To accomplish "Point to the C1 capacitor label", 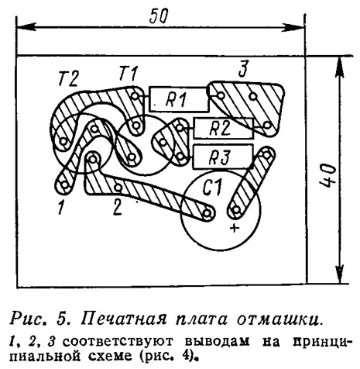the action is tap(212, 188).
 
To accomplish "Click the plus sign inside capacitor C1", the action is tap(235, 228).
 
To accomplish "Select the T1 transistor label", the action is tap(129, 73).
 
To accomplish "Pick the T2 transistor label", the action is tap(68, 78).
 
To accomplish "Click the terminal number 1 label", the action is tap(61, 207).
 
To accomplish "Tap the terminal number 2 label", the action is tap(118, 206).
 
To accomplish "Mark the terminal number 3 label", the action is tap(243, 69).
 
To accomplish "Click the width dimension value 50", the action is tap(159, 16).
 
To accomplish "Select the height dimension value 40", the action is tap(327, 174).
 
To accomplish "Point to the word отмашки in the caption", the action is tap(279, 319).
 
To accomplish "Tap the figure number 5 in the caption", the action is tap(65, 319).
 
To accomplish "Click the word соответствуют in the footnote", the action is tap(118, 342).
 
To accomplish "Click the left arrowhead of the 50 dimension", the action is tap(26, 26).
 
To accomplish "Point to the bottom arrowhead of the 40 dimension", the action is tap(341, 274).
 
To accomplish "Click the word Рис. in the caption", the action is tap(30, 320).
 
